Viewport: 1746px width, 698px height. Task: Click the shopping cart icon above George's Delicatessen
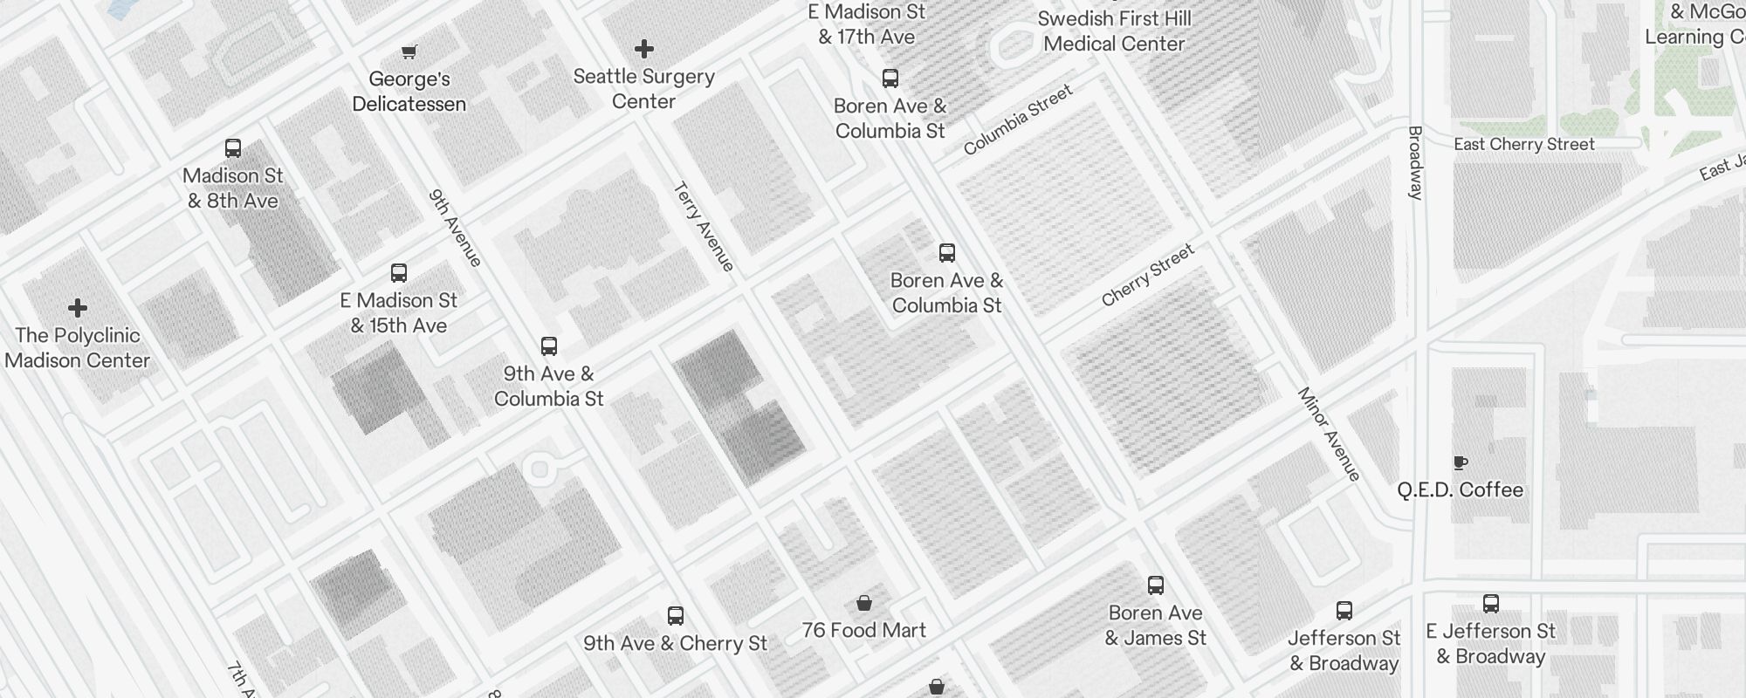pyautogui.click(x=409, y=51)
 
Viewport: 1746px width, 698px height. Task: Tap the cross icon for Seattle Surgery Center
pyautogui.click(x=644, y=49)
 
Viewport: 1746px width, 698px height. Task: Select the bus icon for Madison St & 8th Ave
pyautogui.click(x=233, y=148)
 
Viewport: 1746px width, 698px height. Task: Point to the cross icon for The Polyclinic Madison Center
pyautogui.click(x=78, y=308)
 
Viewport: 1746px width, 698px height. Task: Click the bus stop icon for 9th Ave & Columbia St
pyautogui.click(x=549, y=346)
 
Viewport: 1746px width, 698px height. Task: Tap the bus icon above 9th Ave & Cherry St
pyautogui.click(x=676, y=616)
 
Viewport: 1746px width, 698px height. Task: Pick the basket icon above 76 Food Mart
pyautogui.click(x=864, y=603)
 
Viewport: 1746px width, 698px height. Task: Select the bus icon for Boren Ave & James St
pyautogui.click(x=1156, y=585)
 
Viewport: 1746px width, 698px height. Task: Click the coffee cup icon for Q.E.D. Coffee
pyautogui.click(x=1460, y=462)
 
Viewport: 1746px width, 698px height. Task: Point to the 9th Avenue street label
pyautogui.click(x=456, y=228)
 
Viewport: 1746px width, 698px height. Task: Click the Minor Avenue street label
pyautogui.click(x=1329, y=434)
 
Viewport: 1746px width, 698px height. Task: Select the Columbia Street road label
pyautogui.click(x=1018, y=120)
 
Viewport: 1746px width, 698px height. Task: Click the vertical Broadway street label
pyautogui.click(x=1415, y=163)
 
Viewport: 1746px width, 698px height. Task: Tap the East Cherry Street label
pyautogui.click(x=1524, y=144)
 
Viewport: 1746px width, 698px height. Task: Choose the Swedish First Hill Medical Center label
pyautogui.click(x=1114, y=31)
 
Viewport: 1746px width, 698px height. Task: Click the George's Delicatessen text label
pyautogui.click(x=409, y=92)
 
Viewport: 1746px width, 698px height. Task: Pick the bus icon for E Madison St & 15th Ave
pyautogui.click(x=399, y=273)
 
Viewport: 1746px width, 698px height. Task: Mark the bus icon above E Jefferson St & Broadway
pyautogui.click(x=1491, y=604)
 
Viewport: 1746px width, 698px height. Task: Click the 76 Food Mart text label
pyautogui.click(x=864, y=630)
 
